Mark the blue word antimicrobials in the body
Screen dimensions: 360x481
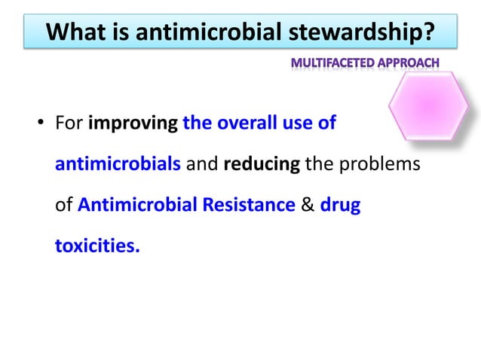(118, 164)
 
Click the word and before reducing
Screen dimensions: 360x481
(202, 164)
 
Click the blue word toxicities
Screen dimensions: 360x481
(97, 246)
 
